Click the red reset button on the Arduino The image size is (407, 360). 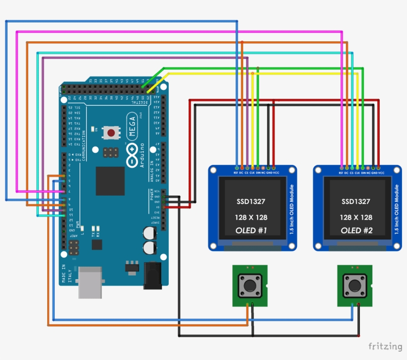(111, 133)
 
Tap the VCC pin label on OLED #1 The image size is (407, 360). (276, 172)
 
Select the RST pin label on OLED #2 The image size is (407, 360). (340, 172)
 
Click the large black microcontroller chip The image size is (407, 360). (110, 181)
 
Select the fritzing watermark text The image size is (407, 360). (385, 346)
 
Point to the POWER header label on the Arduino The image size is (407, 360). (152, 195)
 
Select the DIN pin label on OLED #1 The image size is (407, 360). (258, 172)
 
